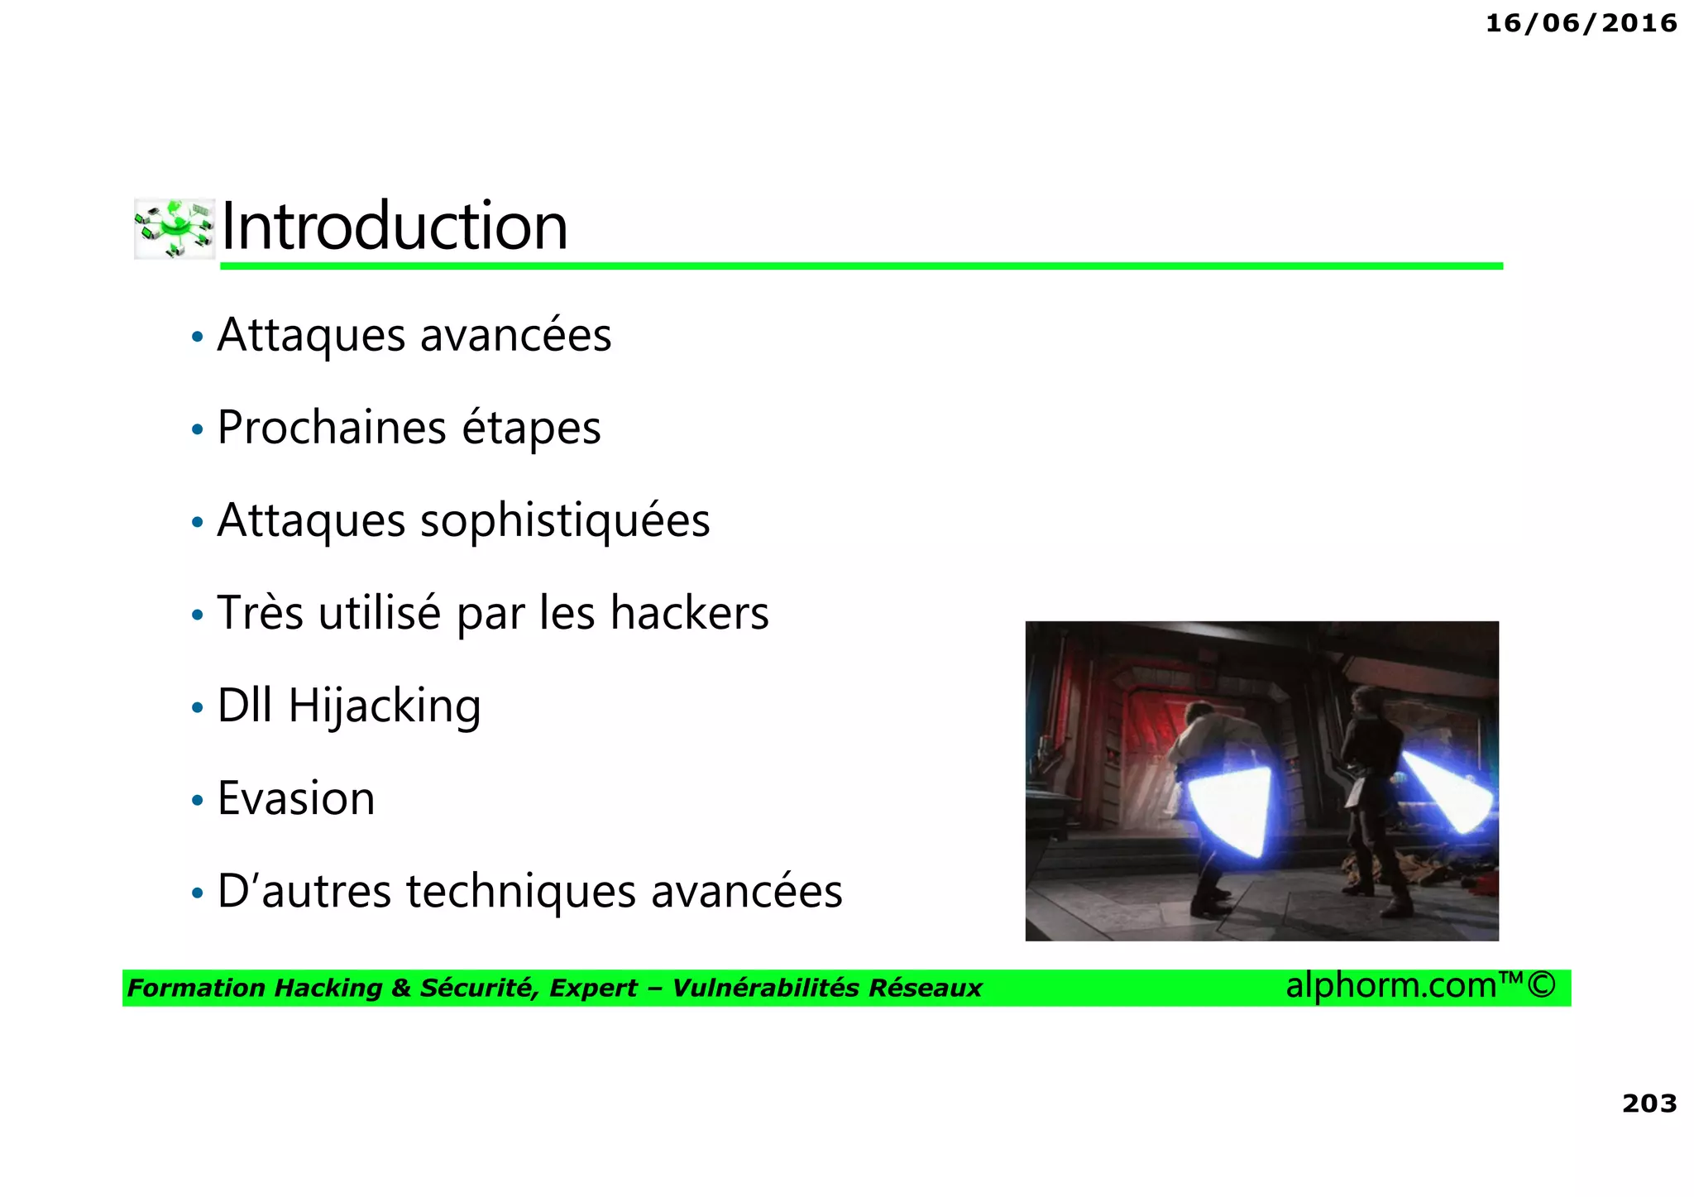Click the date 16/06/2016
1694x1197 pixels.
tap(1581, 23)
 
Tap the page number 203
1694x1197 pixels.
tap(1649, 1103)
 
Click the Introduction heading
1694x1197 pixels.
tap(395, 226)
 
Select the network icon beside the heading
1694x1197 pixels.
tap(175, 228)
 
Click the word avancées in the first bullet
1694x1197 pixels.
tap(515, 335)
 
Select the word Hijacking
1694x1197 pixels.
tap(385, 706)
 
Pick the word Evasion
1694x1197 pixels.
tap(296, 798)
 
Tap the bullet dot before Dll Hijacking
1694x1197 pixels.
tap(197, 708)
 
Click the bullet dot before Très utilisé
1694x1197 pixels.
tap(197, 615)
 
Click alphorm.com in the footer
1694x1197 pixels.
tap(1391, 985)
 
